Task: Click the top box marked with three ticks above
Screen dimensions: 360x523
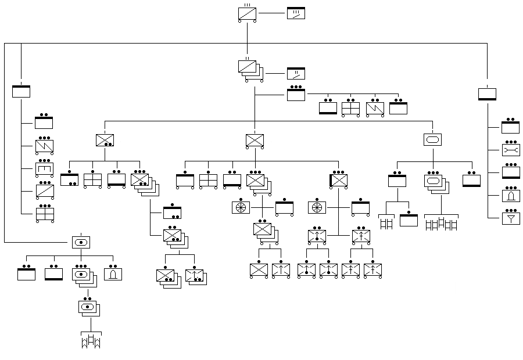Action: (x=248, y=13)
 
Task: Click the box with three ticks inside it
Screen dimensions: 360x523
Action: (x=296, y=13)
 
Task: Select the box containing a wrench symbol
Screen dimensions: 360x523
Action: (x=510, y=150)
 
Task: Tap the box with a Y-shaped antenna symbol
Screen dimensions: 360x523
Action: (x=510, y=218)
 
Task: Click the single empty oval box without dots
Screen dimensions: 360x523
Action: (x=432, y=140)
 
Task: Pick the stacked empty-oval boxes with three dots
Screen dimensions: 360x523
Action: (x=434, y=181)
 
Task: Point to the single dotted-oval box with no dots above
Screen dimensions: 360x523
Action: (x=81, y=242)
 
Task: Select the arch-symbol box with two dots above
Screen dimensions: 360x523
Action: (x=113, y=273)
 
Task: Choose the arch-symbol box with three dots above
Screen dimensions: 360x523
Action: (x=510, y=195)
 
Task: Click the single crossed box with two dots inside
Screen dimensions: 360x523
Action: (x=105, y=140)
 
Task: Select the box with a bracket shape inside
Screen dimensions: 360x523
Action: (x=44, y=169)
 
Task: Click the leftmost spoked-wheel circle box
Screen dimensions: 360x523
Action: (x=240, y=207)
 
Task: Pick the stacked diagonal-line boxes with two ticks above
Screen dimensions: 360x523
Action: (x=248, y=67)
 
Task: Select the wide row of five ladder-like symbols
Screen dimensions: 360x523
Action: (x=441, y=224)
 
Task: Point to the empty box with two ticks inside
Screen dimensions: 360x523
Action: (x=296, y=74)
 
